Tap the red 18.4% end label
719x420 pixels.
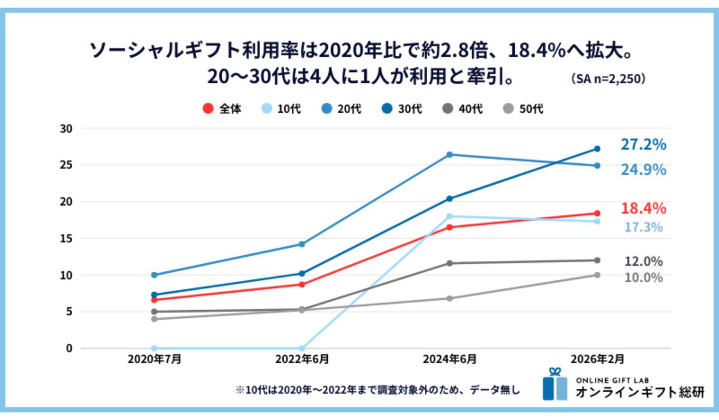[x=643, y=208]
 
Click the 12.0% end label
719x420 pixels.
[x=644, y=261]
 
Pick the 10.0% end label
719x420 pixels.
[x=644, y=277]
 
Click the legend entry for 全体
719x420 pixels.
[x=222, y=109]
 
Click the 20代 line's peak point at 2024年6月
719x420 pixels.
[x=449, y=155]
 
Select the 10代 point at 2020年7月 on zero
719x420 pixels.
[x=154, y=348]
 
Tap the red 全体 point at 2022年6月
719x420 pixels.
[x=302, y=284]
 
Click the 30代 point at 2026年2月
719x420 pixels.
[x=597, y=148]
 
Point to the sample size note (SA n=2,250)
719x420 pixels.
[x=608, y=79]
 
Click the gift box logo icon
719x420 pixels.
[x=554, y=385]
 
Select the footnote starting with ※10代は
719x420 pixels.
[x=377, y=390]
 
